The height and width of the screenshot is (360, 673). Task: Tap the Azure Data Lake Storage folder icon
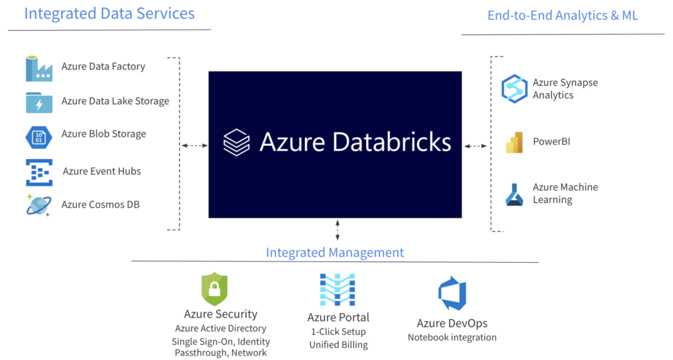[39, 102]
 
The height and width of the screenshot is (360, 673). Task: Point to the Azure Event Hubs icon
[39, 172]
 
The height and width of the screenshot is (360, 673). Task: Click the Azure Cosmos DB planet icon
[39, 205]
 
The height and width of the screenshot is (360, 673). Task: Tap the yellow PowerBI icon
[514, 142]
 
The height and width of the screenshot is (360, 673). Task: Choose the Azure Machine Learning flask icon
[514, 194]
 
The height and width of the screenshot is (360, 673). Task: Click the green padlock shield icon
[214, 289]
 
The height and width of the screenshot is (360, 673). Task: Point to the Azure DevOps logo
[452, 294]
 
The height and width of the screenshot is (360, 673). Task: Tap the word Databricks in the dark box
[390, 142]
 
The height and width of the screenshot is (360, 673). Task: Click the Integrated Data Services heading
[109, 14]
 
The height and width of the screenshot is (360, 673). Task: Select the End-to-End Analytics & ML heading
[563, 16]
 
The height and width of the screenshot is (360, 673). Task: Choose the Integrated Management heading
[335, 252]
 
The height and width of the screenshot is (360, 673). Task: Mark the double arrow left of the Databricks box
[194, 145]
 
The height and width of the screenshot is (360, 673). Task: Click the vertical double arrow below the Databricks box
[338, 231]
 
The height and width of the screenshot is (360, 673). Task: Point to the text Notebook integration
[452, 338]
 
